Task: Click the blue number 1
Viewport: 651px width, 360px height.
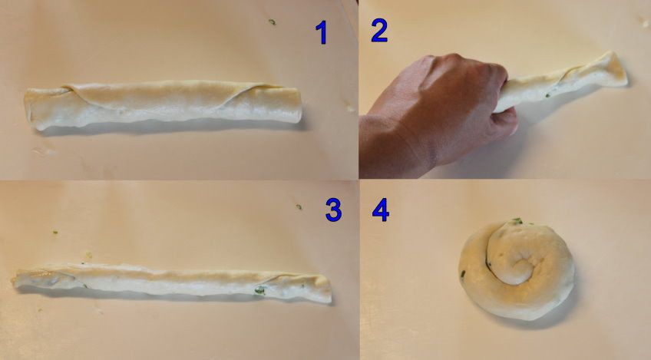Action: (322, 32)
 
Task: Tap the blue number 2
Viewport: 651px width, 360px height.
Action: (379, 30)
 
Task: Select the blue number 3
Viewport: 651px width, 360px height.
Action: (333, 210)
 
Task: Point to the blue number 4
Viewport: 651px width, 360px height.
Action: (380, 210)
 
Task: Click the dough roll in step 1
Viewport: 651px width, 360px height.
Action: (163, 104)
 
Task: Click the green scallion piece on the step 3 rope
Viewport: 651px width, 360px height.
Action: (259, 290)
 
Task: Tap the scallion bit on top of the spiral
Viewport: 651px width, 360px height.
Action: (517, 221)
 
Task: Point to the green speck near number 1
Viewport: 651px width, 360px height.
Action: (272, 21)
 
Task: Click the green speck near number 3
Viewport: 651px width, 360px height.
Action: (299, 206)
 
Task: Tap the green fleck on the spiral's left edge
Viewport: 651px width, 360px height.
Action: (462, 274)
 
